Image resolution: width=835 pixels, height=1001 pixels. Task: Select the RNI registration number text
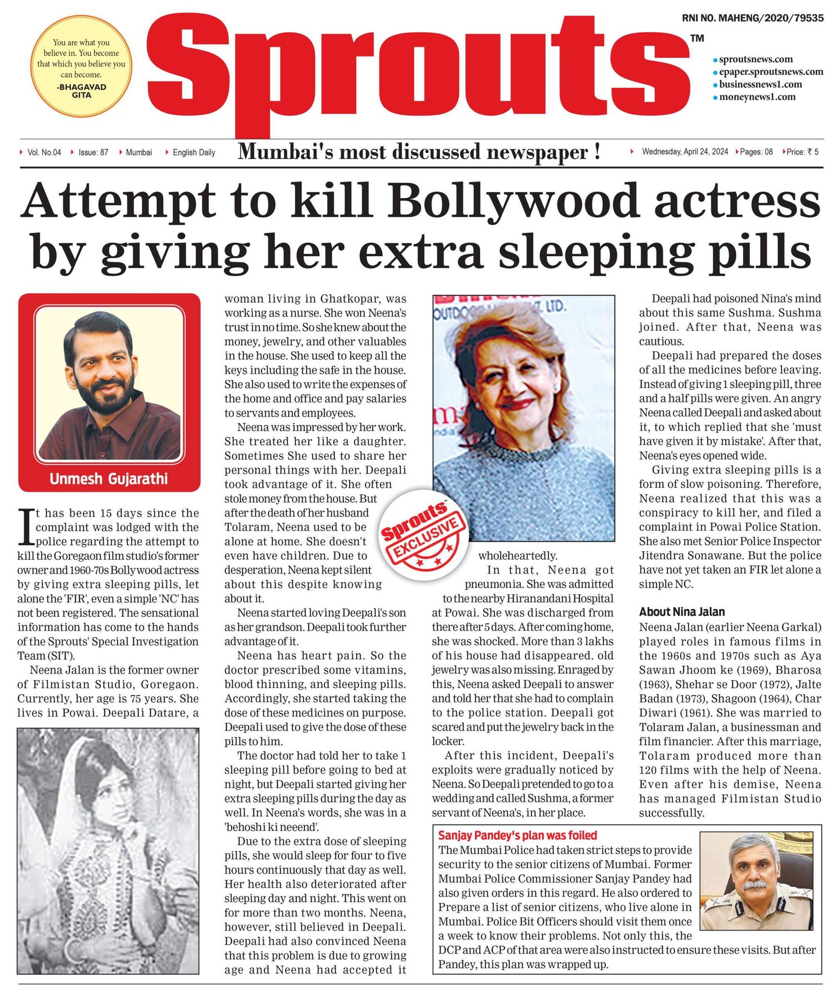[x=752, y=18]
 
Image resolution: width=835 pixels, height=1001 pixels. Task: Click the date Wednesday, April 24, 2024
[x=684, y=152]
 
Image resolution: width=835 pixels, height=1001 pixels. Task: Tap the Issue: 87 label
[x=93, y=152]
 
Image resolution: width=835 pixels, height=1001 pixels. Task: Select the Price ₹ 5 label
[x=802, y=152]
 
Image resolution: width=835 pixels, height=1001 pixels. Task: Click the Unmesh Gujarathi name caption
[x=109, y=479]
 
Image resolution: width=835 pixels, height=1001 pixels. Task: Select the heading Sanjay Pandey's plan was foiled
[x=517, y=835]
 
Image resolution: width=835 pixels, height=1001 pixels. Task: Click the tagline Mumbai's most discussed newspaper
[x=419, y=152]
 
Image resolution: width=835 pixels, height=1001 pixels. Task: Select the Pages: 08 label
[x=756, y=152]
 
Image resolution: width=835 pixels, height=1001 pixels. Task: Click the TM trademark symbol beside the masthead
[x=697, y=38]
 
